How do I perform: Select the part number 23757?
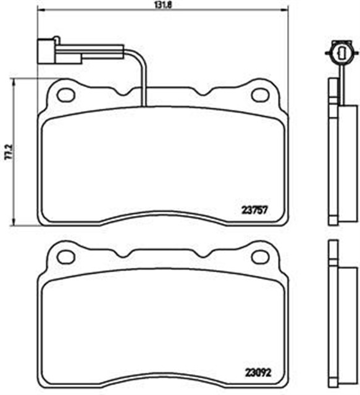[254, 209]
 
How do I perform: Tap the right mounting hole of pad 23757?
[260, 94]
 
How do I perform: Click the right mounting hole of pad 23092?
[260, 257]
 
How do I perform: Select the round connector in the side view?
[338, 51]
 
